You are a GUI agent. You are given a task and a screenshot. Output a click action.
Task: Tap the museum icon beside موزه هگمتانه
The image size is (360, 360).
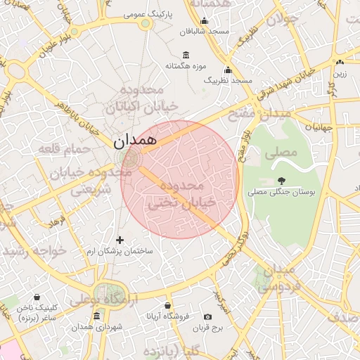186,55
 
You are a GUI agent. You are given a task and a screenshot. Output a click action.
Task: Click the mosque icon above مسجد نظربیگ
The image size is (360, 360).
228,70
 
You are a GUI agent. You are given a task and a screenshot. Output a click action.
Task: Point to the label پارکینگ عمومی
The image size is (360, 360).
147,14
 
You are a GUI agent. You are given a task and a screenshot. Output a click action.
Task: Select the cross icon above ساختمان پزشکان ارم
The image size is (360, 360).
120,240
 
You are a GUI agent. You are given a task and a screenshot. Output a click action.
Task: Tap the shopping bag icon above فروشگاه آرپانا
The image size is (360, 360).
167,306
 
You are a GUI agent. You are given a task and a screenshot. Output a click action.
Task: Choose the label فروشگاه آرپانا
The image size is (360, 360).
167,316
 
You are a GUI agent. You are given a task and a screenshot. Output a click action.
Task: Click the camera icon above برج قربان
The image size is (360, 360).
207,317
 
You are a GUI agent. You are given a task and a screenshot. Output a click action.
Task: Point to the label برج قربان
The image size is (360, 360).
208,328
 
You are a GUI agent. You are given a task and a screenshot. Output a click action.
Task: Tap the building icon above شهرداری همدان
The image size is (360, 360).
96,316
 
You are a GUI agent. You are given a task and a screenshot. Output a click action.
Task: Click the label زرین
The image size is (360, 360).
340,73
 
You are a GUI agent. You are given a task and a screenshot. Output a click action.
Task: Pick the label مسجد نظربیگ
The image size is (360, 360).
228,81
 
